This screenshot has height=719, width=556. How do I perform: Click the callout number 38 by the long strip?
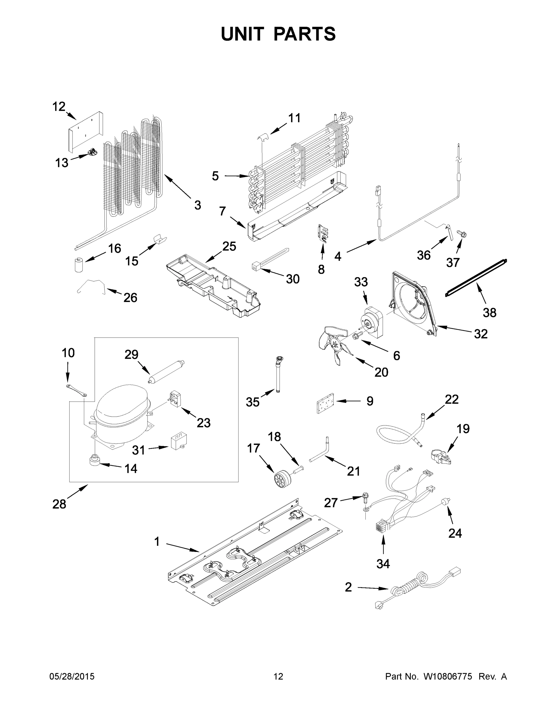[x=489, y=312]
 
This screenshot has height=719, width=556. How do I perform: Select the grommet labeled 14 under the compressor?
[x=95, y=460]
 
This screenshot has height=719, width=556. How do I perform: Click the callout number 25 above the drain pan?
[x=229, y=246]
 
